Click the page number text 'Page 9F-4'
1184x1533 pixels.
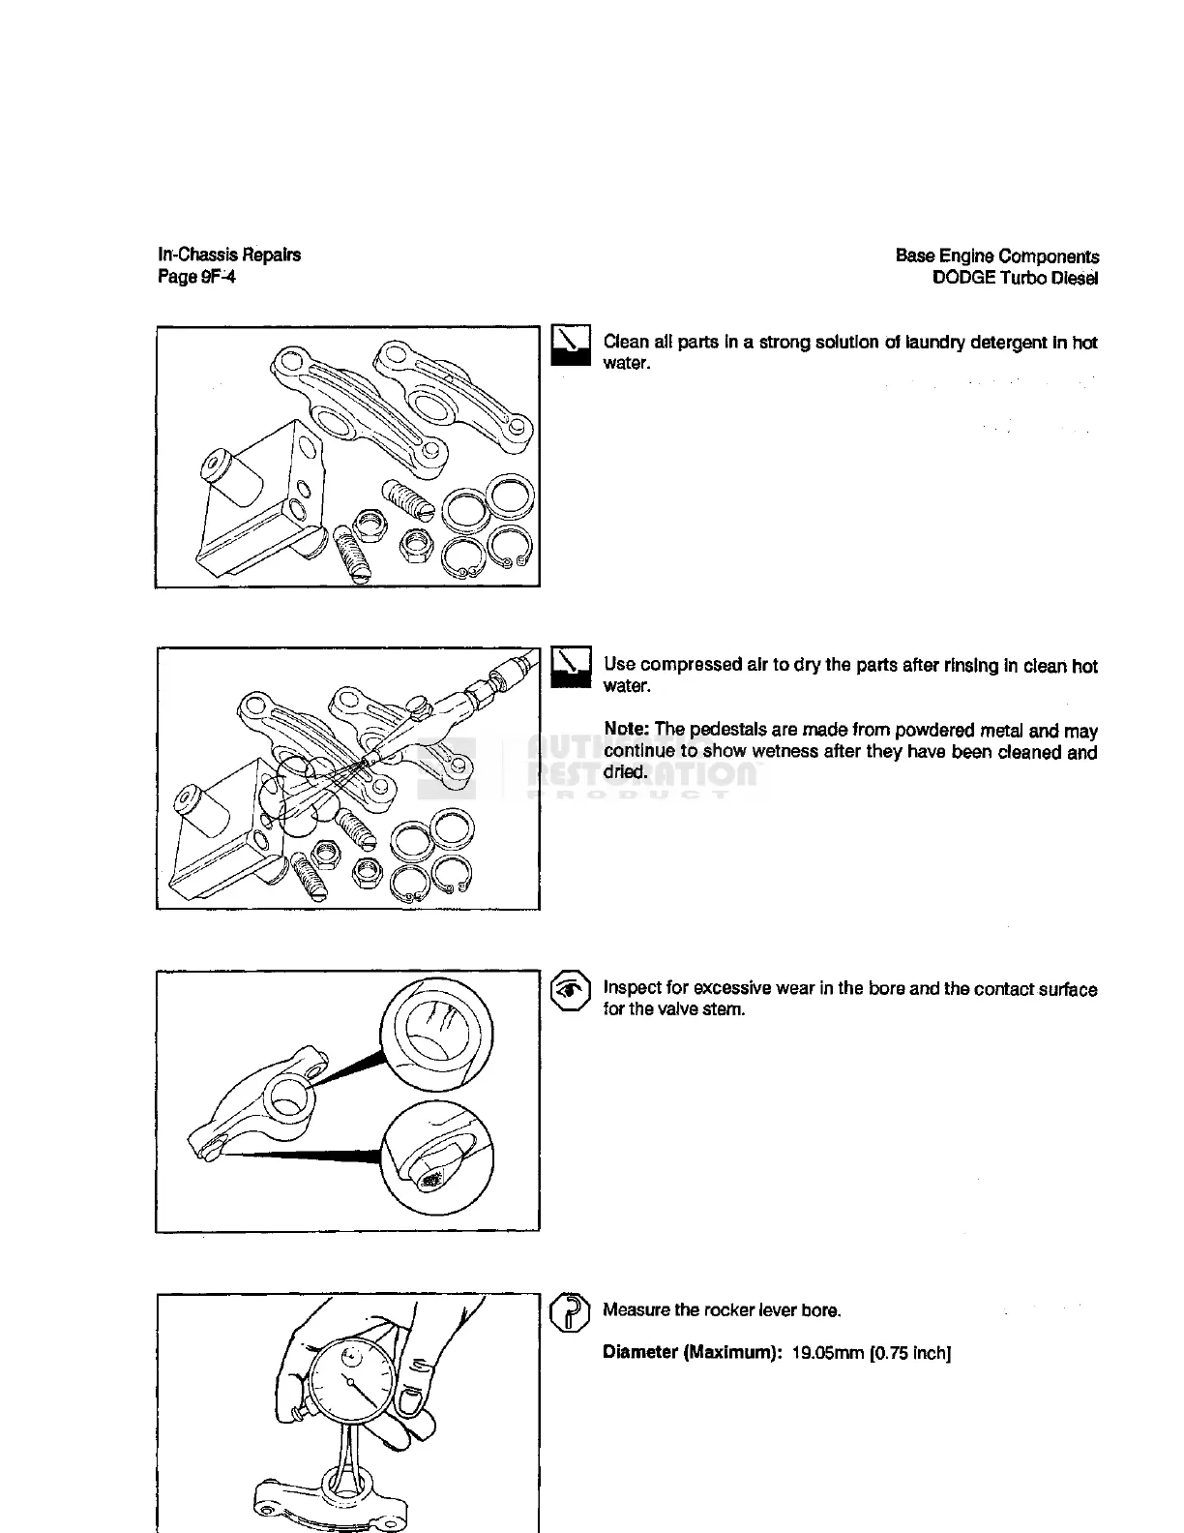point(196,278)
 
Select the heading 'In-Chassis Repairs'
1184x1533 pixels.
point(229,255)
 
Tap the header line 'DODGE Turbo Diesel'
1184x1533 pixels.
point(1015,279)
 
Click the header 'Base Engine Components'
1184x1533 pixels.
point(996,256)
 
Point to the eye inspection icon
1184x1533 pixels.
point(571,990)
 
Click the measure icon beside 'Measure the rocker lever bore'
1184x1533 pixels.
point(570,1313)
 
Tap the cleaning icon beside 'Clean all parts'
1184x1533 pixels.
point(571,346)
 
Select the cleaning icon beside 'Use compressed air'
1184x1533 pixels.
point(571,668)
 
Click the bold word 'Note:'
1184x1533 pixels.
point(626,731)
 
